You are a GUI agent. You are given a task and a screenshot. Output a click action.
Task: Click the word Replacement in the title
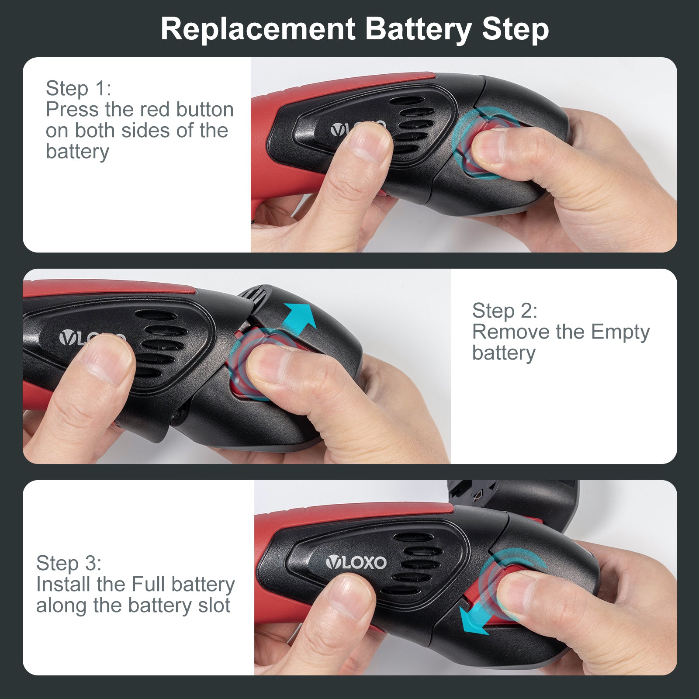[x=258, y=30]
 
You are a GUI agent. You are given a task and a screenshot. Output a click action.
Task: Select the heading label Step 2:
[x=505, y=311]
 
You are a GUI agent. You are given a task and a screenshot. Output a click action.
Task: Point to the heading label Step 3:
[x=69, y=564]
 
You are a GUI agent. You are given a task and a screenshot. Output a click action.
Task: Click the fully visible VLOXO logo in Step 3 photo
[x=356, y=562]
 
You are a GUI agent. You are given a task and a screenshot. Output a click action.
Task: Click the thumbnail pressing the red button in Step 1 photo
[x=491, y=146]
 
